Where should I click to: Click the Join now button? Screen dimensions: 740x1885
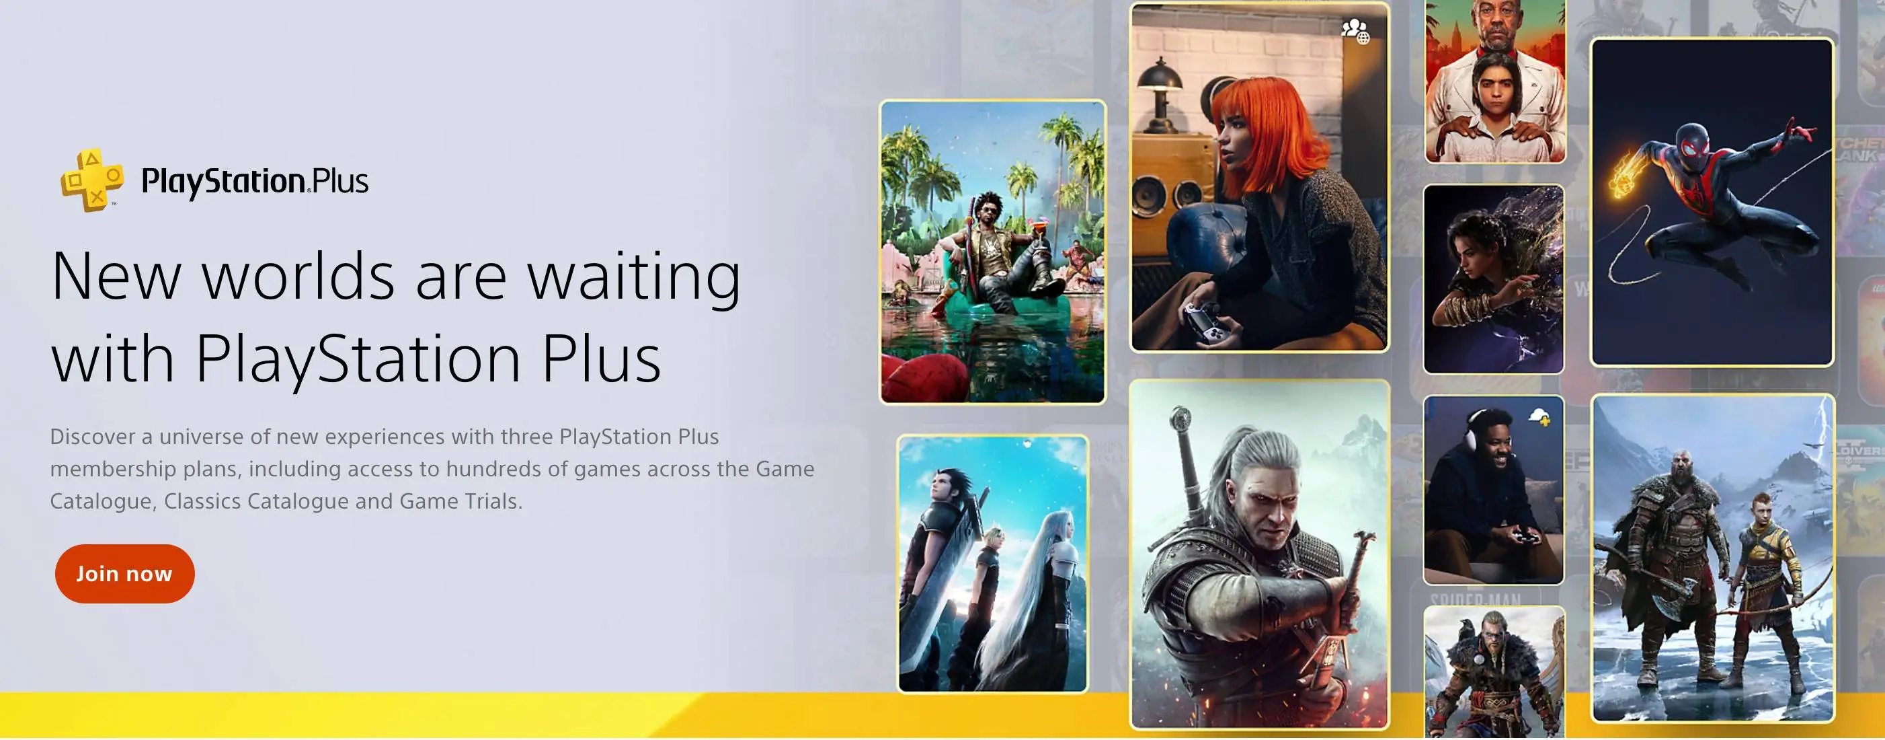pyautogui.click(x=124, y=573)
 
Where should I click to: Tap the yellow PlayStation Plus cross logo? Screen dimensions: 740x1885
pyautogui.click(x=91, y=180)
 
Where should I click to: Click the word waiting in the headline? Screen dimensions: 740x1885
pyautogui.click(x=634, y=277)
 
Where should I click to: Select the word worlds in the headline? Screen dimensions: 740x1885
pyautogui.click(x=298, y=277)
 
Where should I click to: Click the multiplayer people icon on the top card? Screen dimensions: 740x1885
pyautogui.click(x=1355, y=31)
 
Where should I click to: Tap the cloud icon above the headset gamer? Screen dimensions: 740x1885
pyautogui.click(x=1539, y=417)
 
